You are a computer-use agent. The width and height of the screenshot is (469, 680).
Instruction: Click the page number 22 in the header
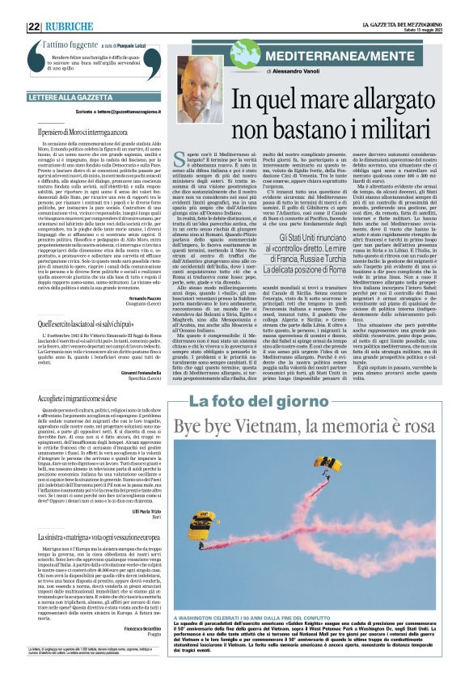34,27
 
